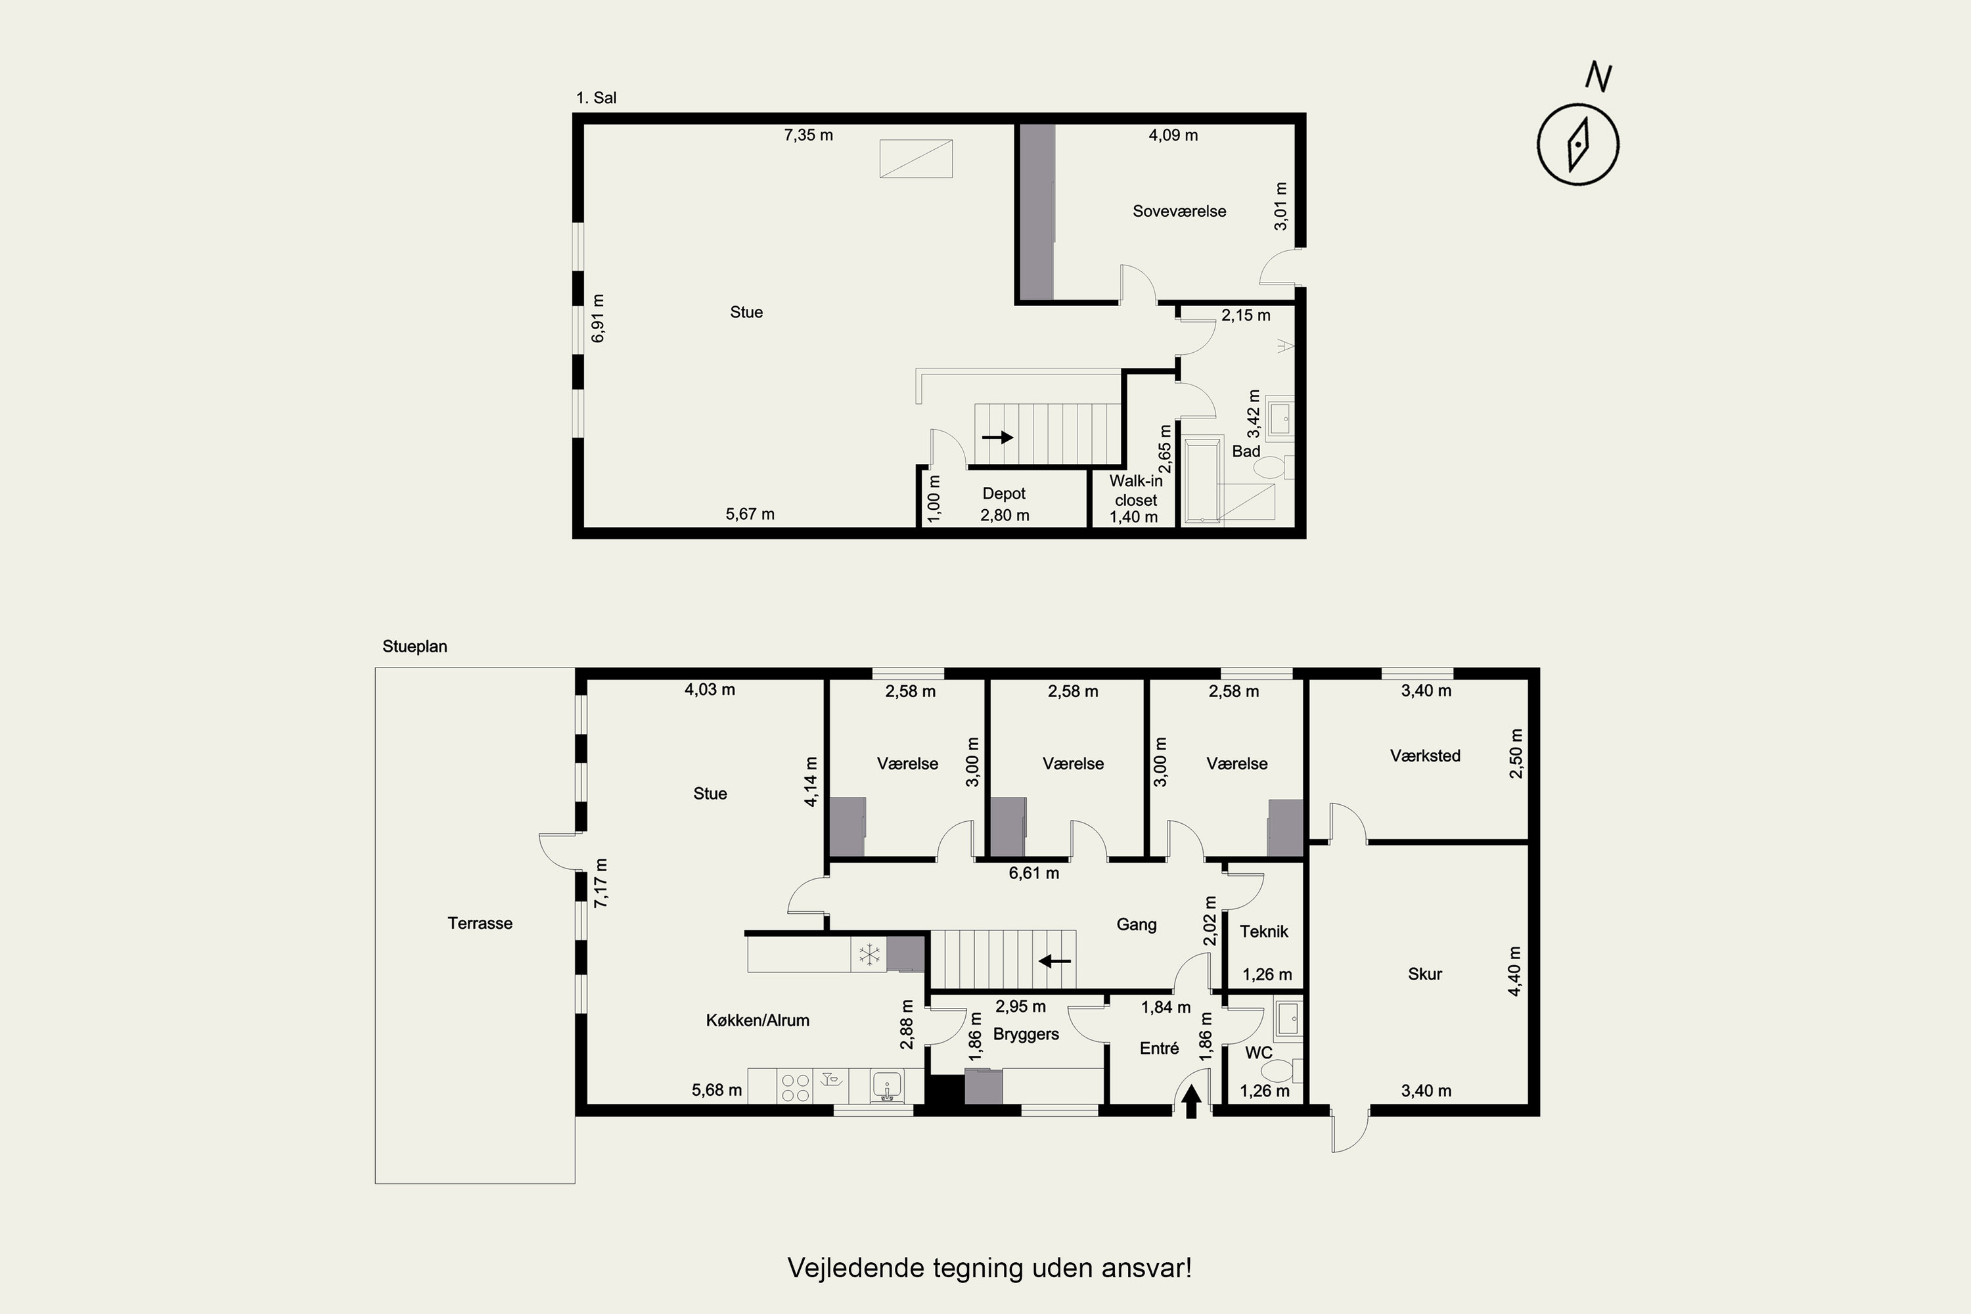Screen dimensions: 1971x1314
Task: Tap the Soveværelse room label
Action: click(1179, 211)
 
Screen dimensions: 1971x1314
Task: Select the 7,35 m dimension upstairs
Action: click(809, 135)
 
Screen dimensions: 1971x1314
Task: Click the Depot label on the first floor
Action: click(1004, 493)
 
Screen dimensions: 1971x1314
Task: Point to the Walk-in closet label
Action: click(1137, 490)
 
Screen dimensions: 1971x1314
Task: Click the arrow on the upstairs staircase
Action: click(998, 438)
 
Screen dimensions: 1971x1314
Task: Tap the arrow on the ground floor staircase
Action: click(1055, 961)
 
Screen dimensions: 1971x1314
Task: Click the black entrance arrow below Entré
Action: click(1192, 1101)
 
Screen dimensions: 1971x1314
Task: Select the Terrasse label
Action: click(480, 924)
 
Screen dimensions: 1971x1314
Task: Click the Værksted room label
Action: click(1426, 756)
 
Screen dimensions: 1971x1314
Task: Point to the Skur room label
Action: click(1426, 974)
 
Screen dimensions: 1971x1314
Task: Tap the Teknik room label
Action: click(1263, 931)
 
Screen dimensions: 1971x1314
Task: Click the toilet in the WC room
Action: click(1282, 1070)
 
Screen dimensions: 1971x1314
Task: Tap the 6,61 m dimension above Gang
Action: click(1034, 873)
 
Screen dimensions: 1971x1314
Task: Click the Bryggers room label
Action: click(1026, 1034)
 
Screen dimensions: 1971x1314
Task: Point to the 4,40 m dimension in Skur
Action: click(1514, 972)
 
